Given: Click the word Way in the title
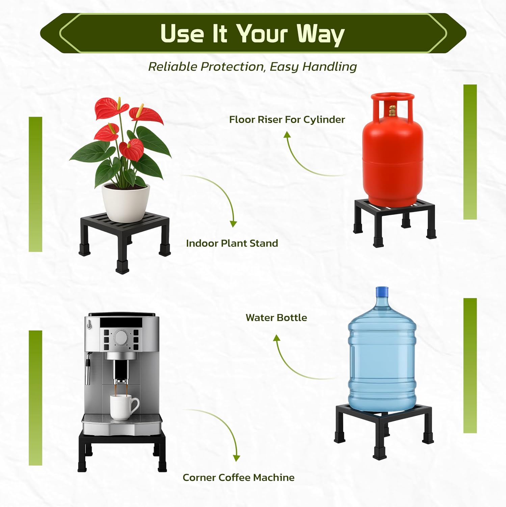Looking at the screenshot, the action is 320,34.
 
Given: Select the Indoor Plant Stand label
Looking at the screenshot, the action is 232,243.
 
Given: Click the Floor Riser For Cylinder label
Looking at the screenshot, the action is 287,120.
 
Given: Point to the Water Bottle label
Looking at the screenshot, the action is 276,318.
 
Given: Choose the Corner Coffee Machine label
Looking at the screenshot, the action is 239,478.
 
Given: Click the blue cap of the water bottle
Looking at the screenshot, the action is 382,291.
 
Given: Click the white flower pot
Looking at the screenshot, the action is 126,202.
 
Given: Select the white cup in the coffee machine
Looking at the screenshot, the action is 124,407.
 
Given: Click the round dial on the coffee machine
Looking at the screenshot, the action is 121,337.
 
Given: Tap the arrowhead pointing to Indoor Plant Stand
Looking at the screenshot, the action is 233,224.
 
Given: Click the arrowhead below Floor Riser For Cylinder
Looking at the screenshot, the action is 287,135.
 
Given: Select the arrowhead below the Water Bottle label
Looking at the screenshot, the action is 277,338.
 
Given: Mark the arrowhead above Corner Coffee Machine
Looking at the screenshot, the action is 237,458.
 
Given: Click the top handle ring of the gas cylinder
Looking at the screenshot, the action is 393,97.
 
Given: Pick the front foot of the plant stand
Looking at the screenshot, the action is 122,267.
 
